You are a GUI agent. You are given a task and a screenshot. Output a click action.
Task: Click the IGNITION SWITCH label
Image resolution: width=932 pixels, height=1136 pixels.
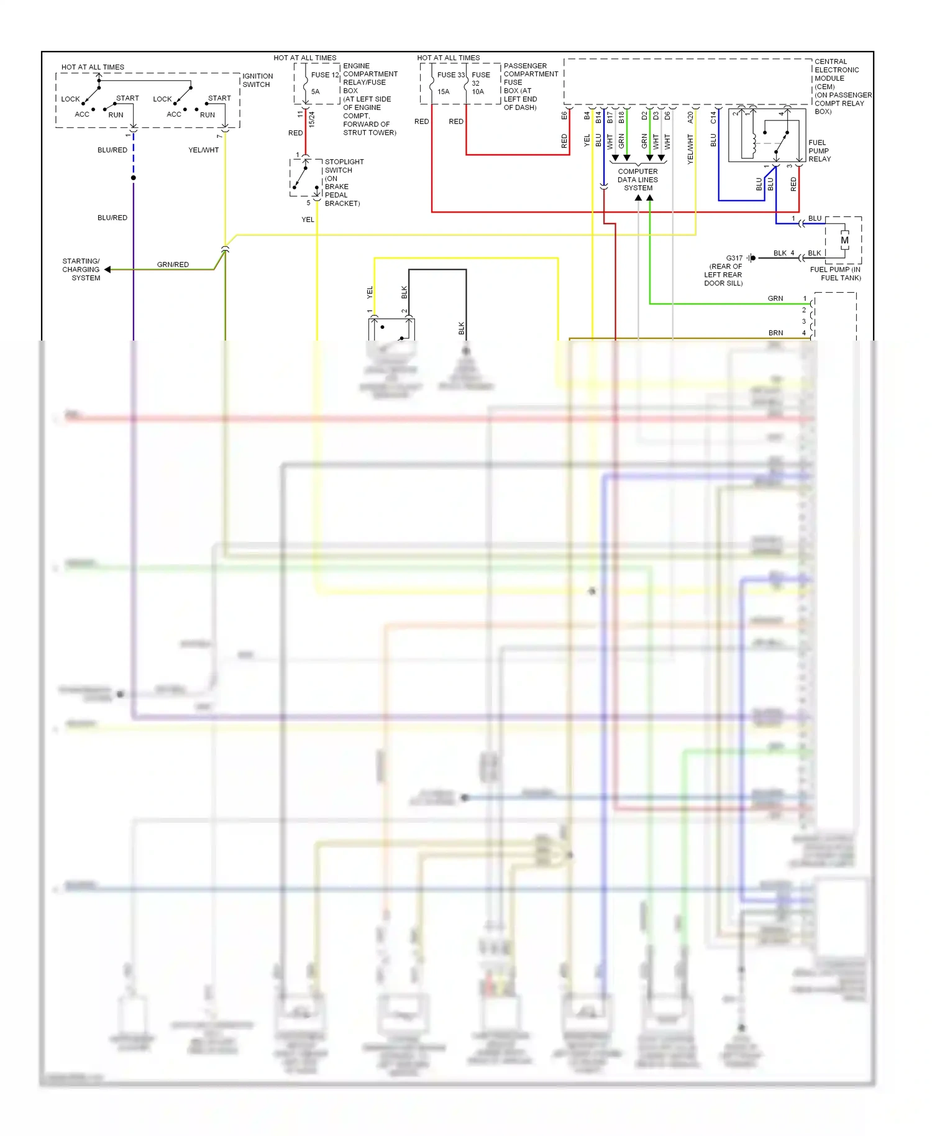click(257, 80)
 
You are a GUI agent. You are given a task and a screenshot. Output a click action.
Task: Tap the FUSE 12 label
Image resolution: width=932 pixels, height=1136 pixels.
click(325, 75)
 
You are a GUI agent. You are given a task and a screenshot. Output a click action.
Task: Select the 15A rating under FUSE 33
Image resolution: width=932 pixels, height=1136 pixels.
click(443, 92)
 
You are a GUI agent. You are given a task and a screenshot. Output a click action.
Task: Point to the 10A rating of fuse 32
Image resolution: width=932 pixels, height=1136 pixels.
click(477, 92)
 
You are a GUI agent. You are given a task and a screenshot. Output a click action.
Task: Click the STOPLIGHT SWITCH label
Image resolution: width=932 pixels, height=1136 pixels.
click(344, 166)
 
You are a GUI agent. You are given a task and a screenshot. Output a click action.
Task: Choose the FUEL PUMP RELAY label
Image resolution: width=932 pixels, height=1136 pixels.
click(819, 151)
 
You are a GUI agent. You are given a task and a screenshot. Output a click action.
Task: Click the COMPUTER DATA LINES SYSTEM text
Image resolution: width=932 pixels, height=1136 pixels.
click(637, 180)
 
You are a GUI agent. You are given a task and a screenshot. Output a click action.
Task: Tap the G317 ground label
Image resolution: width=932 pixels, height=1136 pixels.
click(734, 258)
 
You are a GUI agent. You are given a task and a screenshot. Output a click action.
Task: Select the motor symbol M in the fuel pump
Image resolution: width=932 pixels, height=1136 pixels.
click(844, 240)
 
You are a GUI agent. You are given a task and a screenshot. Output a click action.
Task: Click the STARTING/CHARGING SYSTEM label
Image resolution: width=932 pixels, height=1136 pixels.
click(81, 270)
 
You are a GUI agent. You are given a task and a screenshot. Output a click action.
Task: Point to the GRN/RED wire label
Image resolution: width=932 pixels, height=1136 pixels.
click(173, 265)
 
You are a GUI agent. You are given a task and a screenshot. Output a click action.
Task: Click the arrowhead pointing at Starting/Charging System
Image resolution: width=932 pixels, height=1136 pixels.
click(107, 270)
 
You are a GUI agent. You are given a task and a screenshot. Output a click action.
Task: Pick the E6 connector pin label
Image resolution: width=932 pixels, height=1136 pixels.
click(564, 116)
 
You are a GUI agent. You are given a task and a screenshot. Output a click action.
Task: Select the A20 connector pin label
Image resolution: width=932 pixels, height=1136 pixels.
click(690, 117)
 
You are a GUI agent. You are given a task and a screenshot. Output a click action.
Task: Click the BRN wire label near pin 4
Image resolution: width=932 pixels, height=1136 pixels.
click(775, 333)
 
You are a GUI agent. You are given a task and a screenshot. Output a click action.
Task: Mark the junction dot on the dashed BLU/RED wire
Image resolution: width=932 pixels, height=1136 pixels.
click(134, 178)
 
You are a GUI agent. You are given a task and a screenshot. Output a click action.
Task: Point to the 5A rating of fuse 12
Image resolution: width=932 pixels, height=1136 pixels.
click(315, 92)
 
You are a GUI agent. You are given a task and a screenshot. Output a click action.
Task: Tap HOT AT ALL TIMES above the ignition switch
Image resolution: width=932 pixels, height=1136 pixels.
click(93, 67)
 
